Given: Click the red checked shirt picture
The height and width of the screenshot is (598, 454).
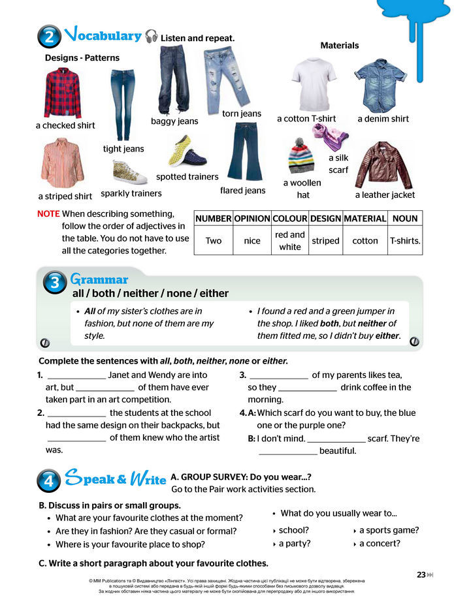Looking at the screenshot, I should click(63, 93).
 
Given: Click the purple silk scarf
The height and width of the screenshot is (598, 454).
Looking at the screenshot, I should click(330, 135).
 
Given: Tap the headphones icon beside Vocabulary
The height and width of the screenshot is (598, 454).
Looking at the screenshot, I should click(152, 37).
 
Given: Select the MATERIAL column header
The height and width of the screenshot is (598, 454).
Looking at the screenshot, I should click(365, 218).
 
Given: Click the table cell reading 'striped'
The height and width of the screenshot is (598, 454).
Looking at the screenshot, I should click(325, 241).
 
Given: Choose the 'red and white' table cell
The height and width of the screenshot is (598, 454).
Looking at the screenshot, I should click(289, 241).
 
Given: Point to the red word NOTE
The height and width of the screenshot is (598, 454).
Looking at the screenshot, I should click(48, 213).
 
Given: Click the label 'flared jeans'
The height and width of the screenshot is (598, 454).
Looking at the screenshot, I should click(242, 191).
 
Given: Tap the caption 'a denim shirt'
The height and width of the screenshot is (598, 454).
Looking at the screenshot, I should click(383, 119).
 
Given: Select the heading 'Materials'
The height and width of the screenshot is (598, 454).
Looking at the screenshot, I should click(340, 46).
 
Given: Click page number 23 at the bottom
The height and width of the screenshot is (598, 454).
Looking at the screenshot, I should click(421, 574).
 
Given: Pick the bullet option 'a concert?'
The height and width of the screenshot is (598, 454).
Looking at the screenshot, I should click(380, 543).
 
